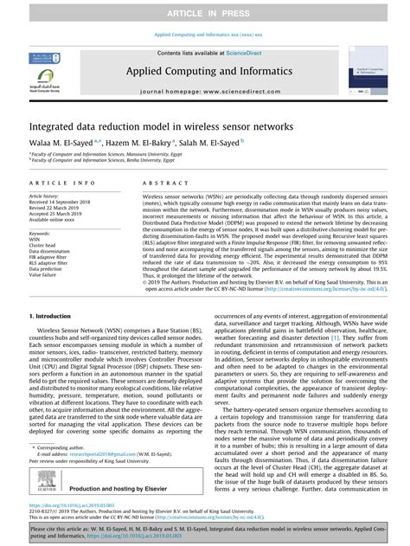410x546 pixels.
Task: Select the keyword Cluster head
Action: [x=43, y=246]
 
